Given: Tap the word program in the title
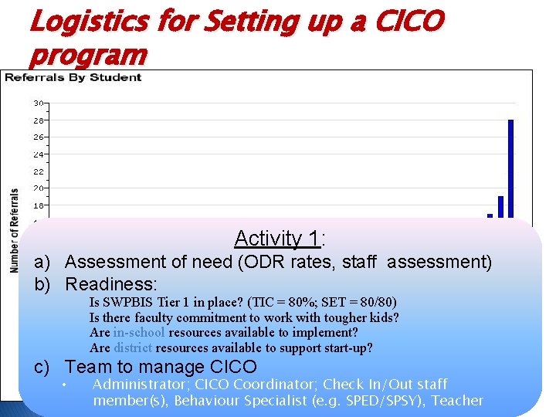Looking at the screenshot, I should point(86,55).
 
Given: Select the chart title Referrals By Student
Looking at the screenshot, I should point(73,76).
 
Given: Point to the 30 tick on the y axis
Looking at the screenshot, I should point(39,103).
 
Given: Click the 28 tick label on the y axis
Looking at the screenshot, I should point(39,120).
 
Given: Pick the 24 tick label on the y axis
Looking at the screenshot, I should point(39,154).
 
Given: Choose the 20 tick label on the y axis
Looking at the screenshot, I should point(39,188).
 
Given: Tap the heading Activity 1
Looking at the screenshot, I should point(280,238).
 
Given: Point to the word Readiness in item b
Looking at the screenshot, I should point(110,283).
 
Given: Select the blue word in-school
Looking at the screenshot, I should point(139,332).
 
